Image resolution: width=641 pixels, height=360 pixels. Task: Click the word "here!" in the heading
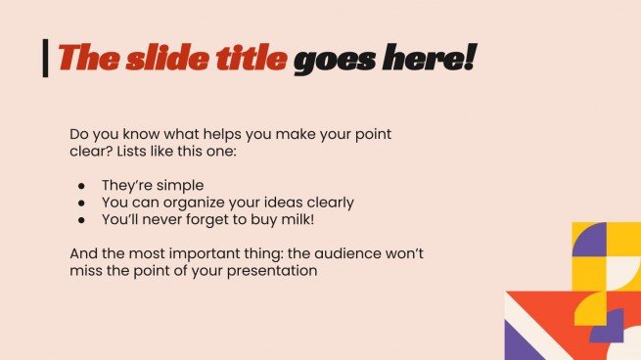(432, 59)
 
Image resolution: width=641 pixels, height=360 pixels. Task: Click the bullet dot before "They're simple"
(82, 185)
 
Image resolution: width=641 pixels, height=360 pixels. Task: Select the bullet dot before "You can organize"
(82, 203)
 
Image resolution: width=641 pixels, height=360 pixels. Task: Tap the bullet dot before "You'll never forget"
(82, 221)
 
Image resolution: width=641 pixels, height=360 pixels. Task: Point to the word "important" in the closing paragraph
(203, 253)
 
